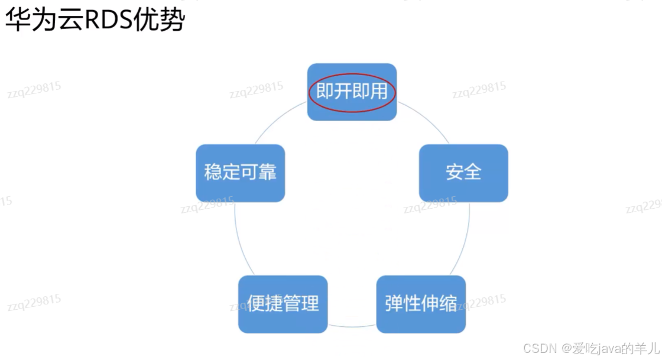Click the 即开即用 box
pos(352,92)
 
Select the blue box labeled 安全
pos(463,173)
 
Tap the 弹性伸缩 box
pos(421,304)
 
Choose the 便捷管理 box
pos(283,304)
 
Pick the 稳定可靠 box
pos(240,173)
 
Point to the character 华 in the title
pos(18,21)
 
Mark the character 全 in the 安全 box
pos(472,173)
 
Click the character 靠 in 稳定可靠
pos(267,173)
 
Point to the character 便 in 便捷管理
pos(256,304)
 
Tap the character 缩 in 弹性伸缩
pos(448,304)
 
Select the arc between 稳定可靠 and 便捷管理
pos(238,236)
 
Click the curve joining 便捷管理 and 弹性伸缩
pos(352,325)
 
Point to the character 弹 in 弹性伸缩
pos(394,304)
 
